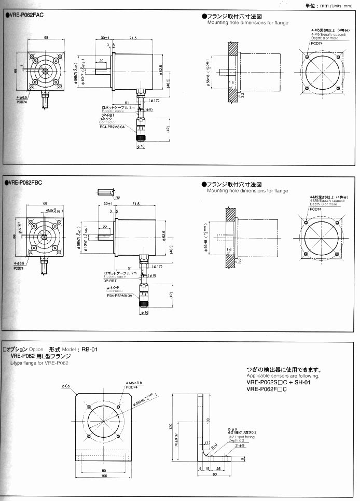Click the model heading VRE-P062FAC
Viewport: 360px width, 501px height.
click(25, 15)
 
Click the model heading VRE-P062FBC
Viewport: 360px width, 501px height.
click(25, 183)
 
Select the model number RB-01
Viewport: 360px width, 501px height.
click(90, 349)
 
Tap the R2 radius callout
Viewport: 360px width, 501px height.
click(118, 198)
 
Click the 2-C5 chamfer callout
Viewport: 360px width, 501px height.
click(66, 386)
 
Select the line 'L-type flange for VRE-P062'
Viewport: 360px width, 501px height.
click(39, 363)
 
